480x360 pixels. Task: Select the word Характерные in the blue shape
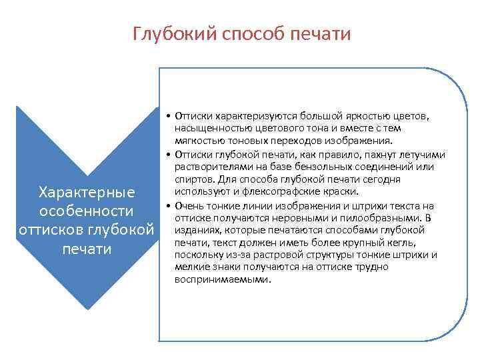(x=87, y=192)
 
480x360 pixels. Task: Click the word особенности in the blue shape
(x=87, y=211)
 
